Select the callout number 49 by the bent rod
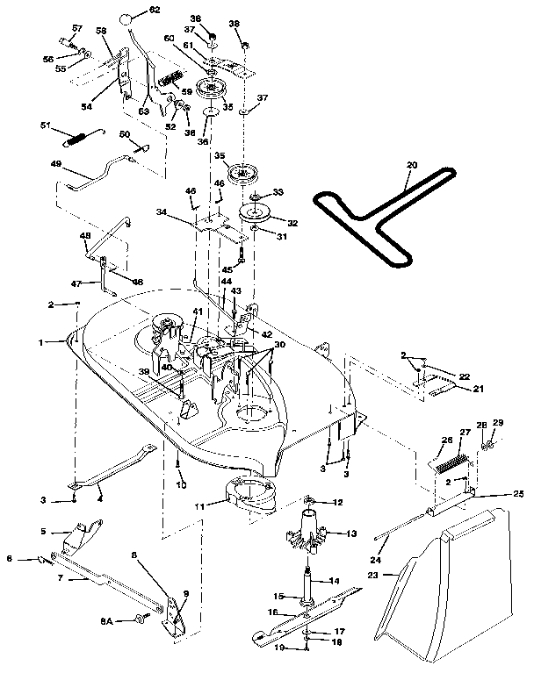pos(54,163)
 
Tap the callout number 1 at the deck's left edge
pos(54,341)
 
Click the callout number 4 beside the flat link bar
pos(99,500)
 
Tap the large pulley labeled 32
pos(264,212)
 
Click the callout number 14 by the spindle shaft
pos(336,581)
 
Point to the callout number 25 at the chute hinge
pos(519,494)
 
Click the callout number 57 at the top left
pos(77,28)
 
